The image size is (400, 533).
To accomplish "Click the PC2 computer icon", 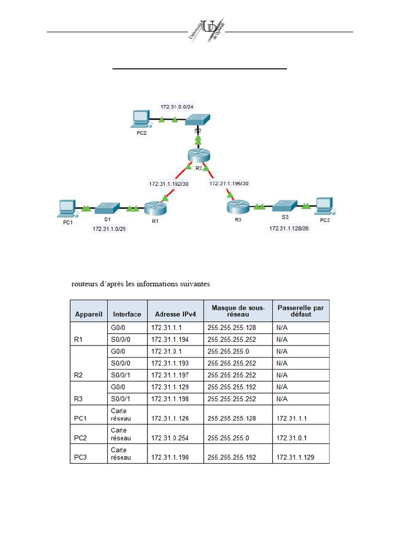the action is (140, 119).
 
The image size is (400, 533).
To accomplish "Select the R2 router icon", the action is (198, 155).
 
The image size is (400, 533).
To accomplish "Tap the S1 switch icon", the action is (107, 208).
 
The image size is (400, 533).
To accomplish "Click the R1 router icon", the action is (155, 208).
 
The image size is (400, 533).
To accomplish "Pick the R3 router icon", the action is (238, 207).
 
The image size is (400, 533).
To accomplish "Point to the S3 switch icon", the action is (285, 206).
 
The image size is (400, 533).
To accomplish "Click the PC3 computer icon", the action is (324, 206).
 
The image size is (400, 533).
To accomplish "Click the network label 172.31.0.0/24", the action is (177, 107).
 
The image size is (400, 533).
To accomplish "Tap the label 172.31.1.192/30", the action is (169, 184).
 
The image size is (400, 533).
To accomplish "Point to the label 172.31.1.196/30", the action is (229, 184).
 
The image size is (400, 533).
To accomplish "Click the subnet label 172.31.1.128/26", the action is (289, 229).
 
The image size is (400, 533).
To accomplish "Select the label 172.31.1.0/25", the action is (109, 229).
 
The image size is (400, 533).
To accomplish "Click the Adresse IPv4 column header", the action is (176, 314).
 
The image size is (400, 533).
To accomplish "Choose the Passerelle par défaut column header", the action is (301, 311).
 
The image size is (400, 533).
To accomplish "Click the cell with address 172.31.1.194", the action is (170, 339).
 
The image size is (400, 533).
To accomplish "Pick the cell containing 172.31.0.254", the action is (170, 438).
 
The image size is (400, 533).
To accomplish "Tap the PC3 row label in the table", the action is (80, 458).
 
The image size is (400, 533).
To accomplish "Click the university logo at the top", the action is (206, 30).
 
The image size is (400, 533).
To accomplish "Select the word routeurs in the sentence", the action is (84, 284).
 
